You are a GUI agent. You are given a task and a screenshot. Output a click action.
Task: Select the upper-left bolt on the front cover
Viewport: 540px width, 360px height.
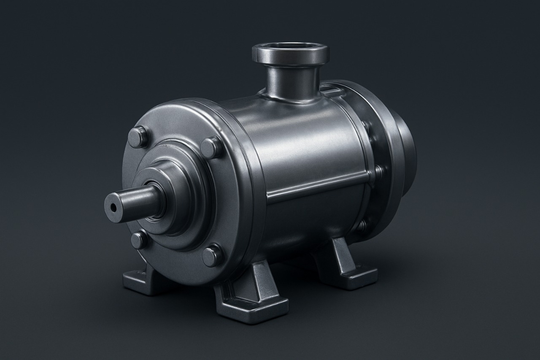(138, 137)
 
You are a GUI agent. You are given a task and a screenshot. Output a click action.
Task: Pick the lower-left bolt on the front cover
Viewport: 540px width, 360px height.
(139, 240)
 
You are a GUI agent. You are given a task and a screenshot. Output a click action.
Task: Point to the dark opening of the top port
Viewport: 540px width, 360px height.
(290, 46)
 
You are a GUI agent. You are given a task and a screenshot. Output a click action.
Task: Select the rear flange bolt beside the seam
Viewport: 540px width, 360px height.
(378, 171)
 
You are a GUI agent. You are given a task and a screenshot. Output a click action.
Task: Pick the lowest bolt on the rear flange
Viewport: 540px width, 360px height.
(362, 226)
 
